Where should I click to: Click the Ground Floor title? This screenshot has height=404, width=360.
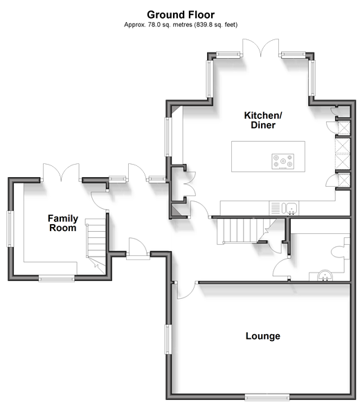coord(181,15)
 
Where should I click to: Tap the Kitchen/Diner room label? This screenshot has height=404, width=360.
coord(263,120)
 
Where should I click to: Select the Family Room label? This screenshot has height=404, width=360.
coord(63,223)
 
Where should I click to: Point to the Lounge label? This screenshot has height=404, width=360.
coord(263,336)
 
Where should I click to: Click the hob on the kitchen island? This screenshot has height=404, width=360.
coord(283,162)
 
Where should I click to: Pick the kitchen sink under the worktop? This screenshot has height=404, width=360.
coord(290,208)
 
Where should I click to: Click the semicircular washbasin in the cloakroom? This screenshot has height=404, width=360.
coord(325,275)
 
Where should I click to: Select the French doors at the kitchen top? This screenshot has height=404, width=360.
coord(261,48)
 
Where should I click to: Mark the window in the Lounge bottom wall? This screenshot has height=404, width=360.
coord(267,397)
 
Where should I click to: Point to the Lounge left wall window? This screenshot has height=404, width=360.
coord(168,340)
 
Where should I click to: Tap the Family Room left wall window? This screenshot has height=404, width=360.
coord(10,229)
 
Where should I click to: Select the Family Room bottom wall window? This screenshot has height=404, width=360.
coord(57,278)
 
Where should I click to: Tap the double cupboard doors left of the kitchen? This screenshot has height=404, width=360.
coord(190,184)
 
